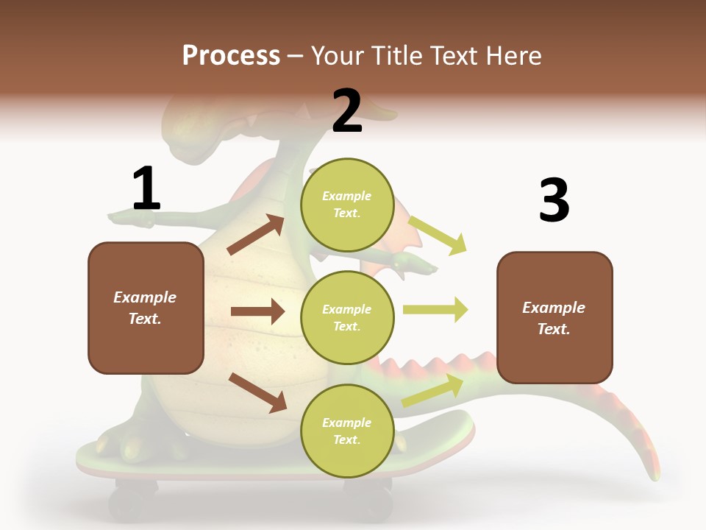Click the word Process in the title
click(x=231, y=56)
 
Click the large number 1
click(x=146, y=188)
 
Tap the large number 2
click(x=347, y=111)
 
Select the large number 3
click(x=554, y=200)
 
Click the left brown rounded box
click(x=146, y=308)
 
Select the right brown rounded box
click(x=555, y=318)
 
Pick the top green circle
click(x=347, y=205)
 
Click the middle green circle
click(x=347, y=318)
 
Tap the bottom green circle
click(x=347, y=431)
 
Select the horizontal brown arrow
click(x=257, y=311)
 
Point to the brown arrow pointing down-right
click(x=257, y=392)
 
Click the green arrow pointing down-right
click(x=438, y=235)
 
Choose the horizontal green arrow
click(x=435, y=309)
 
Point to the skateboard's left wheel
click(x=132, y=501)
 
